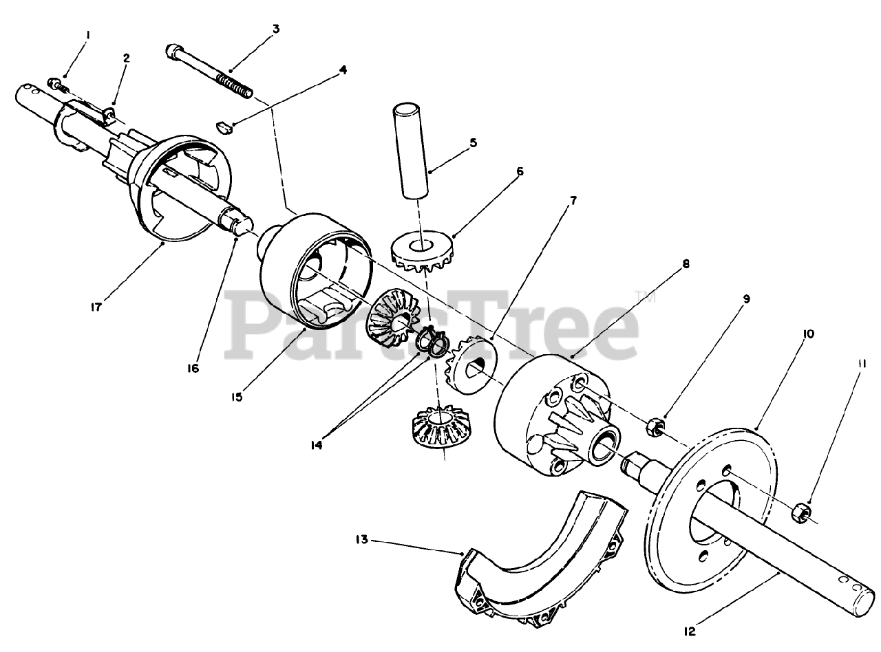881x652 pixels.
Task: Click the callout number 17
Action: click(96, 307)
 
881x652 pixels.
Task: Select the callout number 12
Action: click(690, 631)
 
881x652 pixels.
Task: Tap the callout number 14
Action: click(316, 446)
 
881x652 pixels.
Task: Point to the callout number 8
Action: click(686, 263)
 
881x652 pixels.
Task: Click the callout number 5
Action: click(473, 142)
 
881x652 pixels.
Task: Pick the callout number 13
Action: click(362, 540)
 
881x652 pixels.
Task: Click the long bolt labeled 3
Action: click(209, 72)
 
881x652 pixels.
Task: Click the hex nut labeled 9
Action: click(654, 426)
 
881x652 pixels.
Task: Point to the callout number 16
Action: click(193, 368)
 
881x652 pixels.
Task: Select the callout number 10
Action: click(808, 334)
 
